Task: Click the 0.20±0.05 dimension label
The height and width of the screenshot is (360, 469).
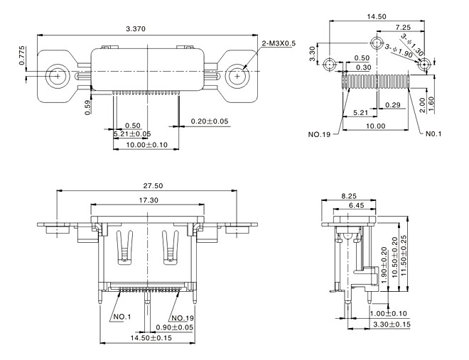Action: coord(210,121)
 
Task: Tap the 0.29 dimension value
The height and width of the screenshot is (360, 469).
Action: coord(391,104)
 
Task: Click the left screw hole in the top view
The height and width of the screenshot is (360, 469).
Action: coord(55,74)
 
